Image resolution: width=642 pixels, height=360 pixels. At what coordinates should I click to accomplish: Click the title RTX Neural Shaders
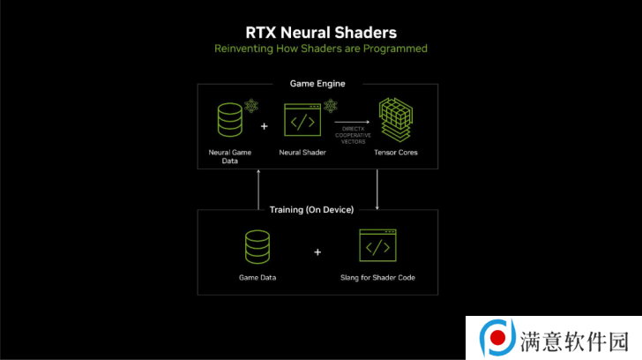(x=321, y=33)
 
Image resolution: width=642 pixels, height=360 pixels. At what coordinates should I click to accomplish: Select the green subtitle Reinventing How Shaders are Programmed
(x=321, y=49)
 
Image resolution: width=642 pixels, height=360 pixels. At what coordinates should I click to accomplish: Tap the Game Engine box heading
(x=317, y=84)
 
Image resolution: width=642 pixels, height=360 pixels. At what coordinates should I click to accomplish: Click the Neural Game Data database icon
(x=229, y=120)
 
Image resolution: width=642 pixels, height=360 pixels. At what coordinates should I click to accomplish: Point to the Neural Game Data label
(x=229, y=156)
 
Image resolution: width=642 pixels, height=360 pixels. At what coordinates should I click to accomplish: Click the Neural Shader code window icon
(x=302, y=120)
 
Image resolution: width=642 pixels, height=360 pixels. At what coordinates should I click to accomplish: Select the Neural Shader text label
(x=302, y=153)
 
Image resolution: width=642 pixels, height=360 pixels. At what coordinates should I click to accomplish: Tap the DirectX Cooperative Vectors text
(x=353, y=135)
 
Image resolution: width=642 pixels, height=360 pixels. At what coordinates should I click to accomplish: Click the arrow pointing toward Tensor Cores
(x=352, y=122)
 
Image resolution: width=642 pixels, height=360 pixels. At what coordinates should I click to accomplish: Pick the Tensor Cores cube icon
(x=395, y=120)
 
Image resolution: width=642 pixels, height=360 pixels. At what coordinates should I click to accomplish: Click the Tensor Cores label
(x=395, y=153)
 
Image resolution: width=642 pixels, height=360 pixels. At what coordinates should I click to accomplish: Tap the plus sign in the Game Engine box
(x=264, y=126)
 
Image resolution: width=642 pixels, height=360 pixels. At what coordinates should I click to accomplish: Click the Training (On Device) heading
(x=311, y=210)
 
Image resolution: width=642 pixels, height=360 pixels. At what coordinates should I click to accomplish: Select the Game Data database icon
(x=258, y=247)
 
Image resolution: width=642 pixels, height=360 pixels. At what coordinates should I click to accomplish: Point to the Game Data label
(x=258, y=278)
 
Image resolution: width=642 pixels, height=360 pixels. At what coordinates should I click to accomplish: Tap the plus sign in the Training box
(x=317, y=252)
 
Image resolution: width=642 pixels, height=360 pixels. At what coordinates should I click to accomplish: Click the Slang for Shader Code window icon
(x=377, y=245)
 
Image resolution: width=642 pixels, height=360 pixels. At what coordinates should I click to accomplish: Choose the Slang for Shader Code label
(x=377, y=278)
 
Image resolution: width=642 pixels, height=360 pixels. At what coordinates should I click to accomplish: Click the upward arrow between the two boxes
(x=258, y=189)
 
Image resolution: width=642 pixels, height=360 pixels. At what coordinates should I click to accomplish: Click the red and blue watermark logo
(x=497, y=337)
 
